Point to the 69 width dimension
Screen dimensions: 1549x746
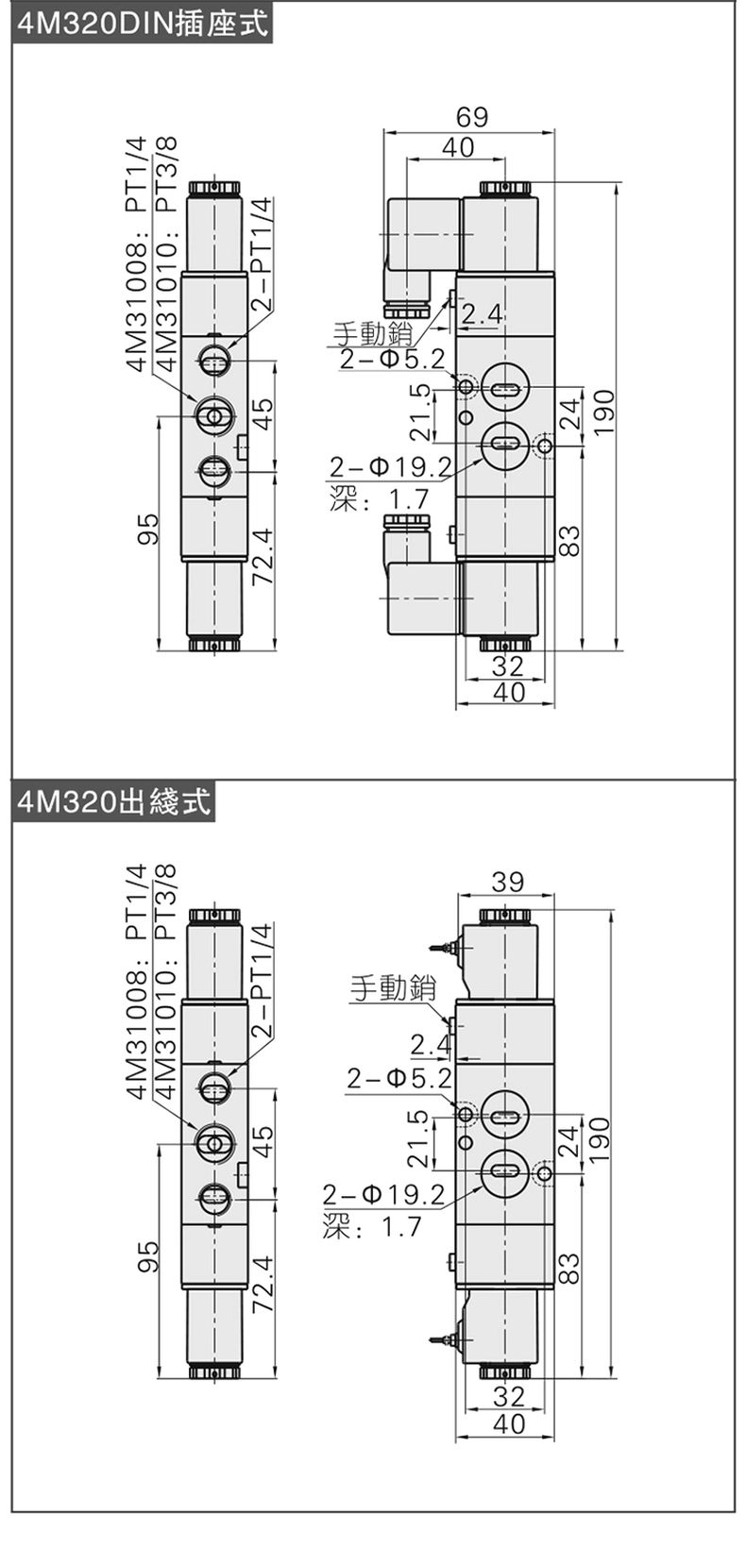472,117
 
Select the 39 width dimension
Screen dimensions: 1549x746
508,882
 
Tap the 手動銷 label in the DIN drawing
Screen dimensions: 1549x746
372,332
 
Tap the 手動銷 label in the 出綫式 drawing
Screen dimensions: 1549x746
393,988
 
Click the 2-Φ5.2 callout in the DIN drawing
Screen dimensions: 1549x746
392,359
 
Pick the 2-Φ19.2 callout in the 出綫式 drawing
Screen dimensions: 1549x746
383,1194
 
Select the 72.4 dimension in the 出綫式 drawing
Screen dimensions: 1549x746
263,1284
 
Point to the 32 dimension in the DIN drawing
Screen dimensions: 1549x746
508,665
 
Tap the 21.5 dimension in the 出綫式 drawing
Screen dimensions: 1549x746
419,1138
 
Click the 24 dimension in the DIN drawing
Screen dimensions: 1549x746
568,413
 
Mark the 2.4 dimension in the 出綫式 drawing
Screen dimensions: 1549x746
430,1044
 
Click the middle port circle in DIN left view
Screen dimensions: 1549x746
214,413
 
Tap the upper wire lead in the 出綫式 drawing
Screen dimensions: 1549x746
440,946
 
